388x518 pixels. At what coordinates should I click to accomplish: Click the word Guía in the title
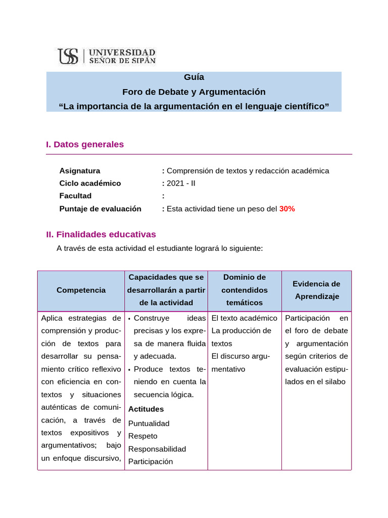click(194, 77)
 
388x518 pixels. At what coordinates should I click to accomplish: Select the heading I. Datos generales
click(85, 145)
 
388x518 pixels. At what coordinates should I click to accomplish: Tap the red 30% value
click(287, 209)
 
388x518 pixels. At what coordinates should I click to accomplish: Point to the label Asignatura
click(80, 171)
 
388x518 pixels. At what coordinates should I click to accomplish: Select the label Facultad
click(75, 196)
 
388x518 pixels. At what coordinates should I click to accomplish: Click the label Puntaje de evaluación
click(100, 209)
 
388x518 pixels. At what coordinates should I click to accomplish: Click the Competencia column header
click(81, 290)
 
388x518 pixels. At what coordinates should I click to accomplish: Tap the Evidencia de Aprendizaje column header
click(317, 290)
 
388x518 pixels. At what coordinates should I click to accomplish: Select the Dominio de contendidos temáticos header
click(245, 290)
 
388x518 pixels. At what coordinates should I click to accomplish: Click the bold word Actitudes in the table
click(146, 409)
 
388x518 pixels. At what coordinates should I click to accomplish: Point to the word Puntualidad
click(149, 423)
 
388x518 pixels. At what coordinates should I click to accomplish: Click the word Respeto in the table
click(143, 436)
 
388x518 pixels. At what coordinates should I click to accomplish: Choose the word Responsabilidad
click(157, 449)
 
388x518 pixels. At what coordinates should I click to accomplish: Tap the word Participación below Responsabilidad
click(151, 462)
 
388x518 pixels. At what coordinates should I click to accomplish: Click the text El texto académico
click(245, 318)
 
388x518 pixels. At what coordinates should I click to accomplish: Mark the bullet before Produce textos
click(130, 370)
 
